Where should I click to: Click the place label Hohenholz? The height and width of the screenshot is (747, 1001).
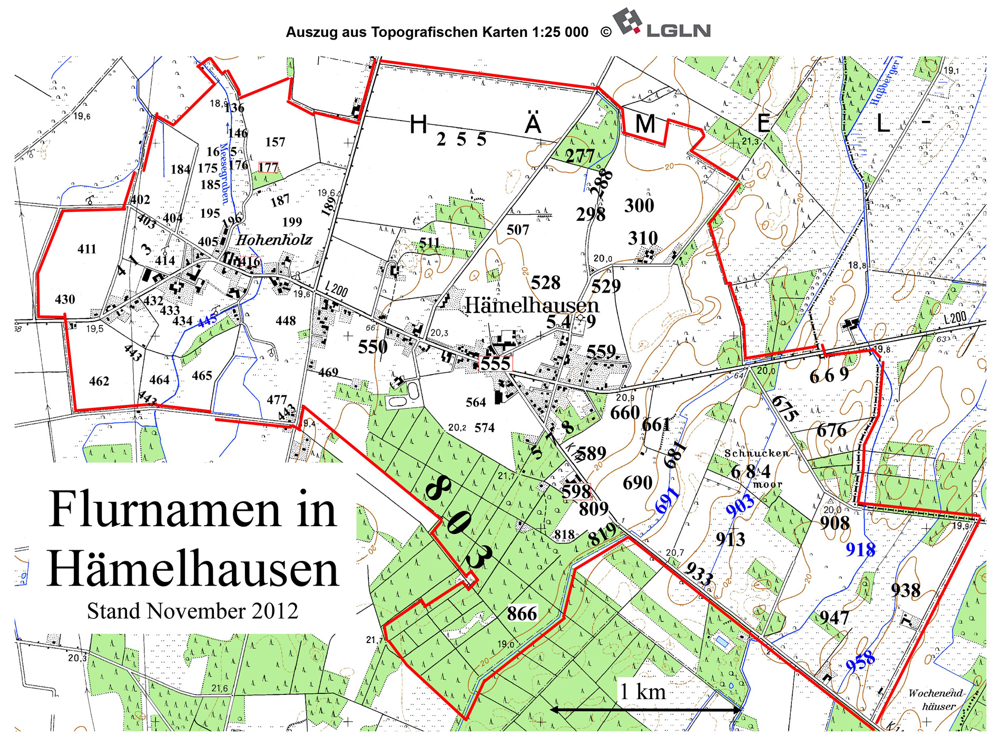[274, 240]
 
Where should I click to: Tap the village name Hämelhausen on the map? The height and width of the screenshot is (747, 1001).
[532, 305]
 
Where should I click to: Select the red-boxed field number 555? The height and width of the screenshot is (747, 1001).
[495, 364]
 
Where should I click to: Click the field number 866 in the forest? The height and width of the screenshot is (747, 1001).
[522, 614]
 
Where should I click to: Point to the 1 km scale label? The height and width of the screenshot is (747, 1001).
[642, 691]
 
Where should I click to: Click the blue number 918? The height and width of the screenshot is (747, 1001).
[860, 550]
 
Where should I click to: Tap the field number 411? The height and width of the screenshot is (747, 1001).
[87, 249]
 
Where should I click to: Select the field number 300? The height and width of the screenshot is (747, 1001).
[639, 206]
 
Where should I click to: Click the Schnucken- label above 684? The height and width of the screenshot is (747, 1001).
[758, 453]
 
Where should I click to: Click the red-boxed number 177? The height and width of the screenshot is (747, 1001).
[268, 168]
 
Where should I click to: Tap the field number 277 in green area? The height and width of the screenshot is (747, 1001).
[580, 156]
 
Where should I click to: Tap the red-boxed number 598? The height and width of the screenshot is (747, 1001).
[576, 491]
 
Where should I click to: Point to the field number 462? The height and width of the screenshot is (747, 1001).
[99, 381]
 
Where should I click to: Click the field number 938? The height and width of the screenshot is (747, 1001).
[905, 590]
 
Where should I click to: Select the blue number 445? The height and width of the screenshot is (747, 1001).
[207, 321]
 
